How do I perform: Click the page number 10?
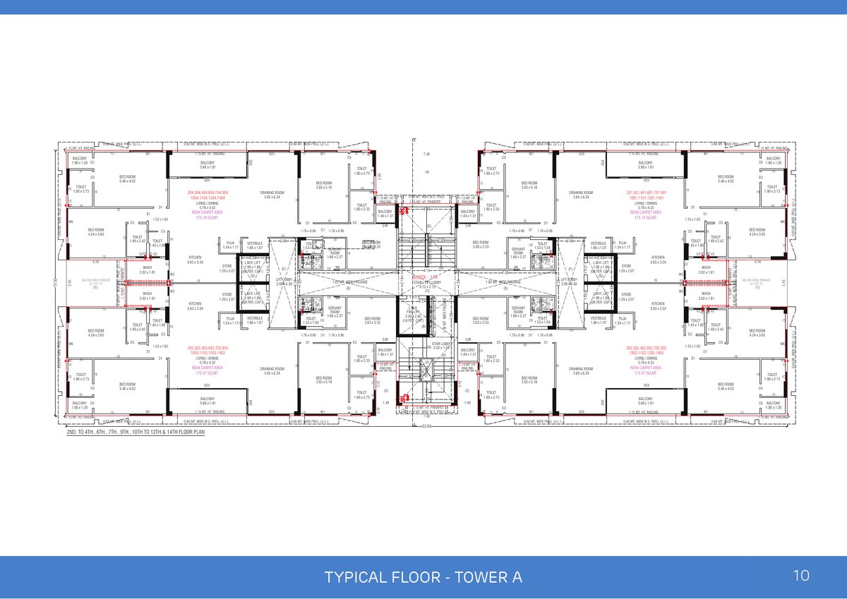click(x=801, y=576)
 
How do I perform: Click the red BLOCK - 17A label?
click(x=425, y=278)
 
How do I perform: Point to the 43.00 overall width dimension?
click(x=426, y=425)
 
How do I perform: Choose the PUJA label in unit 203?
click(x=230, y=320)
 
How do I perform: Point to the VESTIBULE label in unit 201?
click(x=599, y=244)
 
